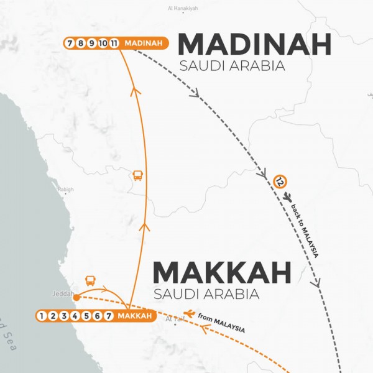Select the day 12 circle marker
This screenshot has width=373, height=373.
pyautogui.click(x=280, y=182)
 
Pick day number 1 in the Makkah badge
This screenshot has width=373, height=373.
pyautogui.click(x=42, y=316)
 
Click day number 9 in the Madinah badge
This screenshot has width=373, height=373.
pyautogui.click(x=91, y=43)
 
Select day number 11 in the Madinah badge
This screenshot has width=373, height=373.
pyautogui.click(x=114, y=43)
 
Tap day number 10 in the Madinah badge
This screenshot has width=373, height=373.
pyautogui.click(x=103, y=43)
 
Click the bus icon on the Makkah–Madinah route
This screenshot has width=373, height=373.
pyautogui.click(x=137, y=176)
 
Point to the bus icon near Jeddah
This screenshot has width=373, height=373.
pyautogui.click(x=90, y=281)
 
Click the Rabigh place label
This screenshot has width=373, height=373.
pyautogui.click(x=65, y=190)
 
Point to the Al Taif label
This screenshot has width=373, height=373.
pyautogui.click(x=176, y=320)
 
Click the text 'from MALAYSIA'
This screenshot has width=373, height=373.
pyautogui.click(x=221, y=324)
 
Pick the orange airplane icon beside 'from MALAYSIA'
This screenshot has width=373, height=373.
pyautogui.click(x=189, y=313)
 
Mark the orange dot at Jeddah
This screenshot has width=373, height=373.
pyautogui.click(x=76, y=298)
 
